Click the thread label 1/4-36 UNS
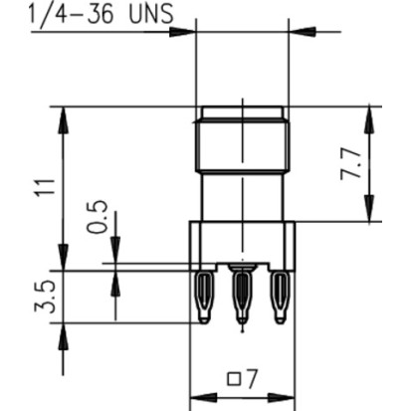pos(102,13)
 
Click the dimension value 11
pos(46,188)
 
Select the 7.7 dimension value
pos(351,164)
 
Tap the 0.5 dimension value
pos(98,217)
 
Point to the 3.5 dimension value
pos(45,297)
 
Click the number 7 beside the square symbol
pos(251,379)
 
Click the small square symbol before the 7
pos(234,379)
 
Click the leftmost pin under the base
pos(203,298)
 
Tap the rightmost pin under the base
pos(281,298)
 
